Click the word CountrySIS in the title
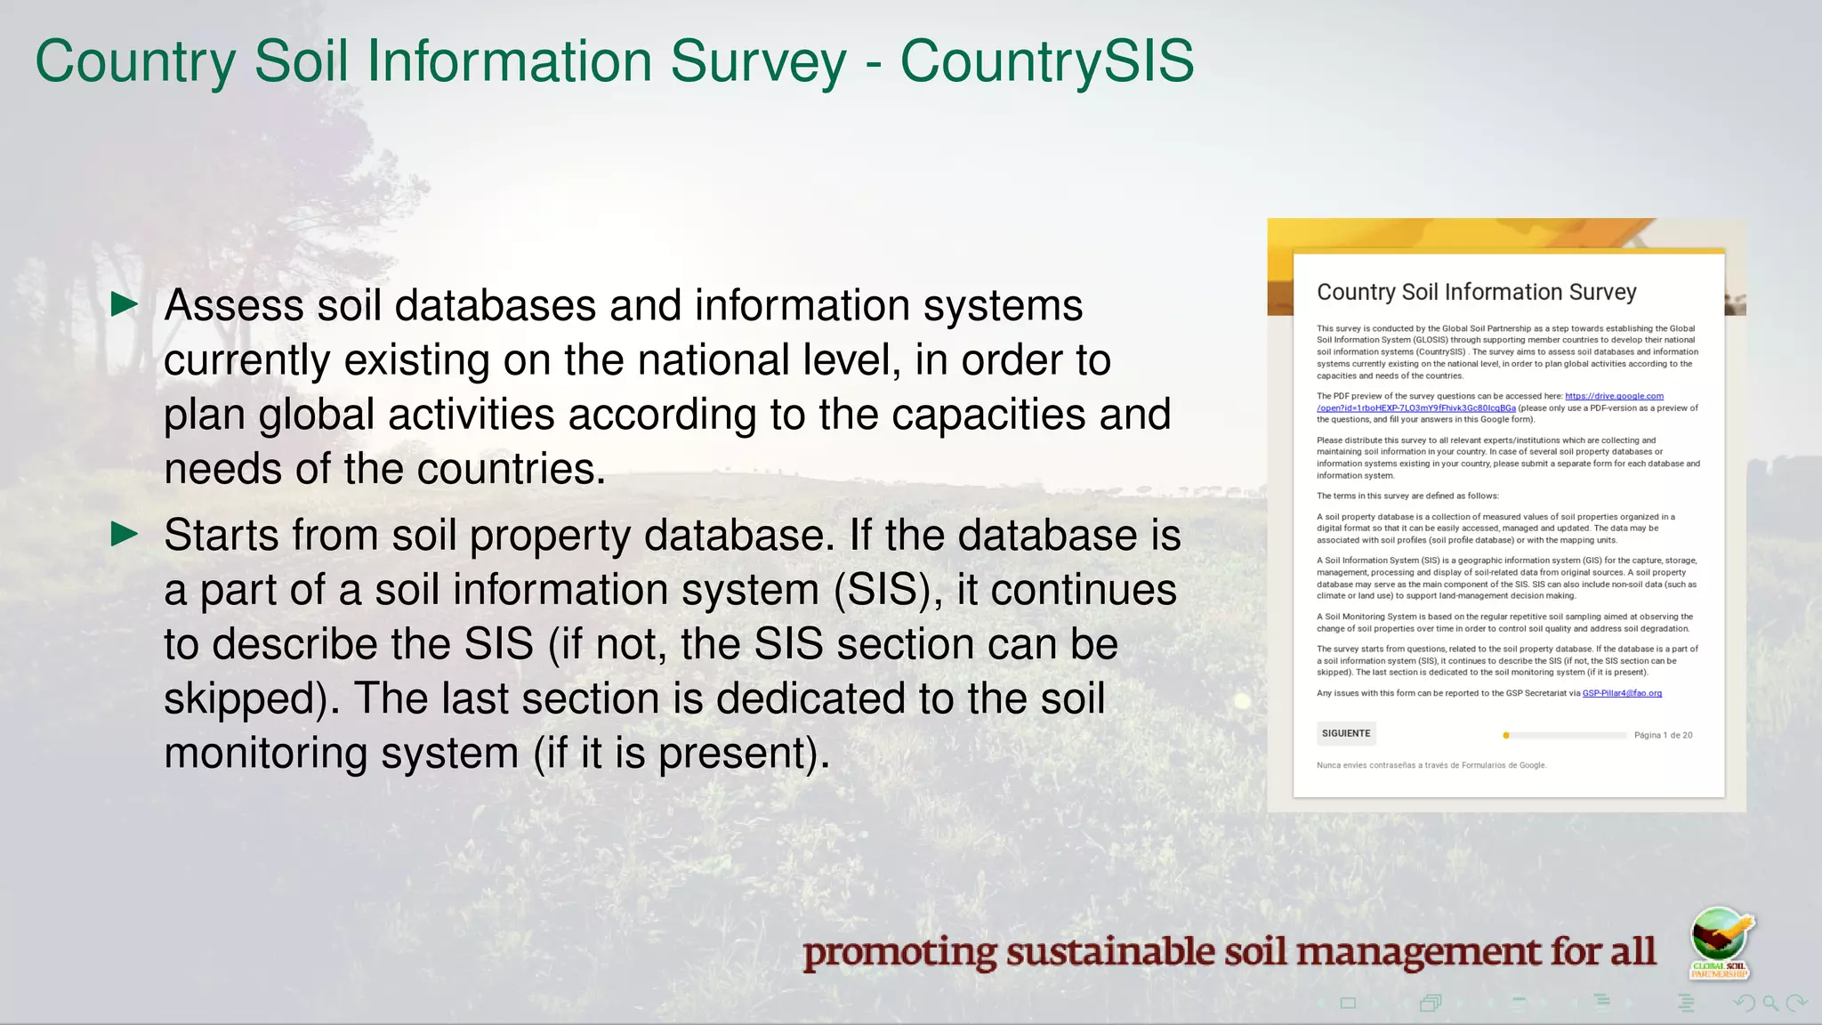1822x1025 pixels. point(1046,62)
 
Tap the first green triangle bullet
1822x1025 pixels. point(125,305)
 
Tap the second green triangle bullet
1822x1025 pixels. point(125,535)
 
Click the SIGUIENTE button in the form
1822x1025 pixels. point(1346,734)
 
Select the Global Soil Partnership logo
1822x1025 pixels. point(1721,943)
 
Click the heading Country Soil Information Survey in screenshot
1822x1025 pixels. point(1476,293)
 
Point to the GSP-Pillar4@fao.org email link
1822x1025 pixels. point(1622,693)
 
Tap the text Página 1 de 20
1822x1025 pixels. point(1663,736)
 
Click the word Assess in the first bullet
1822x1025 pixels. point(234,306)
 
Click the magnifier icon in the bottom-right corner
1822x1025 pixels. point(1770,1004)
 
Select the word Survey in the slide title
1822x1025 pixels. point(758,62)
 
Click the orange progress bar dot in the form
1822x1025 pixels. point(1506,736)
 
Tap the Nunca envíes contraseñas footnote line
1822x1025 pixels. point(1431,765)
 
